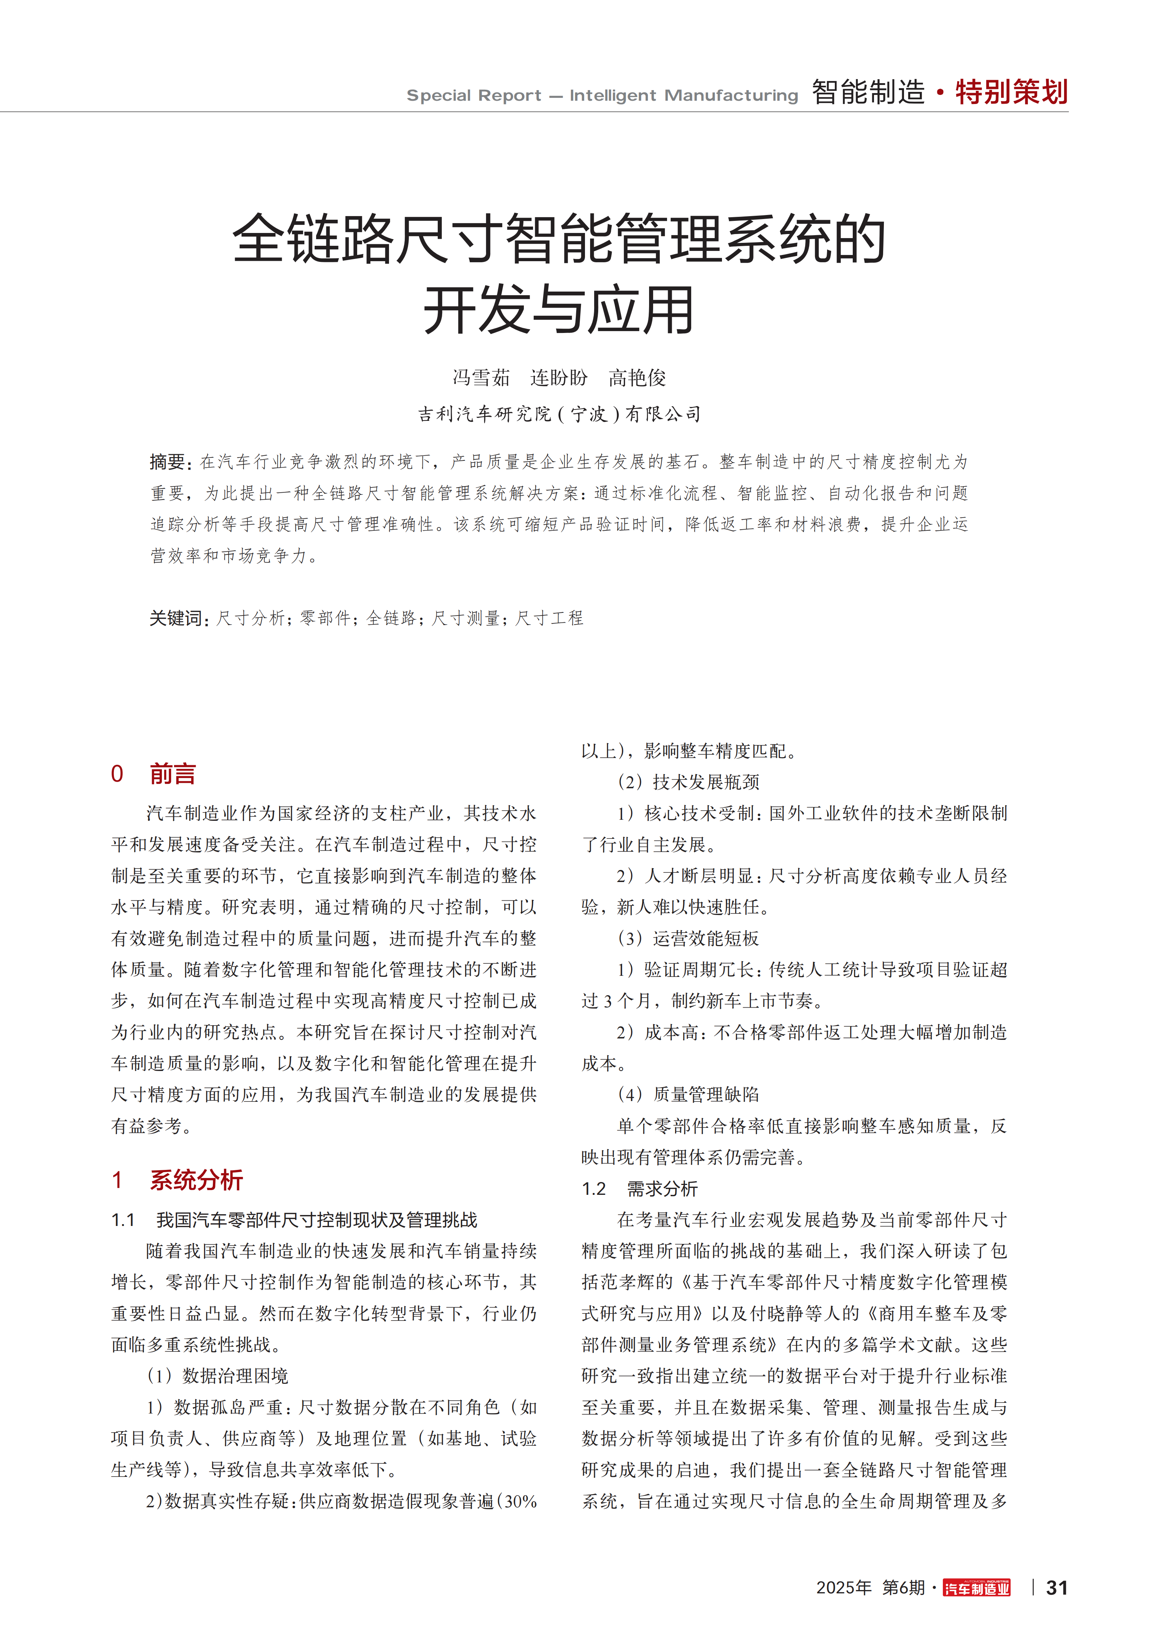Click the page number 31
tap(1056, 1588)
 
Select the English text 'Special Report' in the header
tap(474, 95)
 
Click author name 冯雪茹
tap(481, 378)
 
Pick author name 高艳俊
tap(637, 378)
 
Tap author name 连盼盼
tap(559, 378)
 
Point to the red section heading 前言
tap(173, 774)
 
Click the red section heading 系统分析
tap(196, 1180)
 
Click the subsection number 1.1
tap(123, 1220)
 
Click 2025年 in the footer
tap(844, 1588)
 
